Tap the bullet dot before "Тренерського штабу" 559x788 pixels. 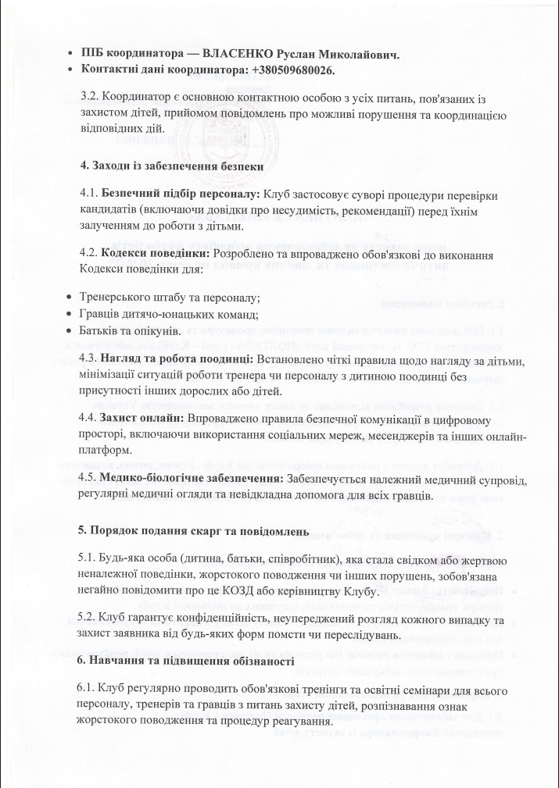pyautogui.click(x=72, y=297)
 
